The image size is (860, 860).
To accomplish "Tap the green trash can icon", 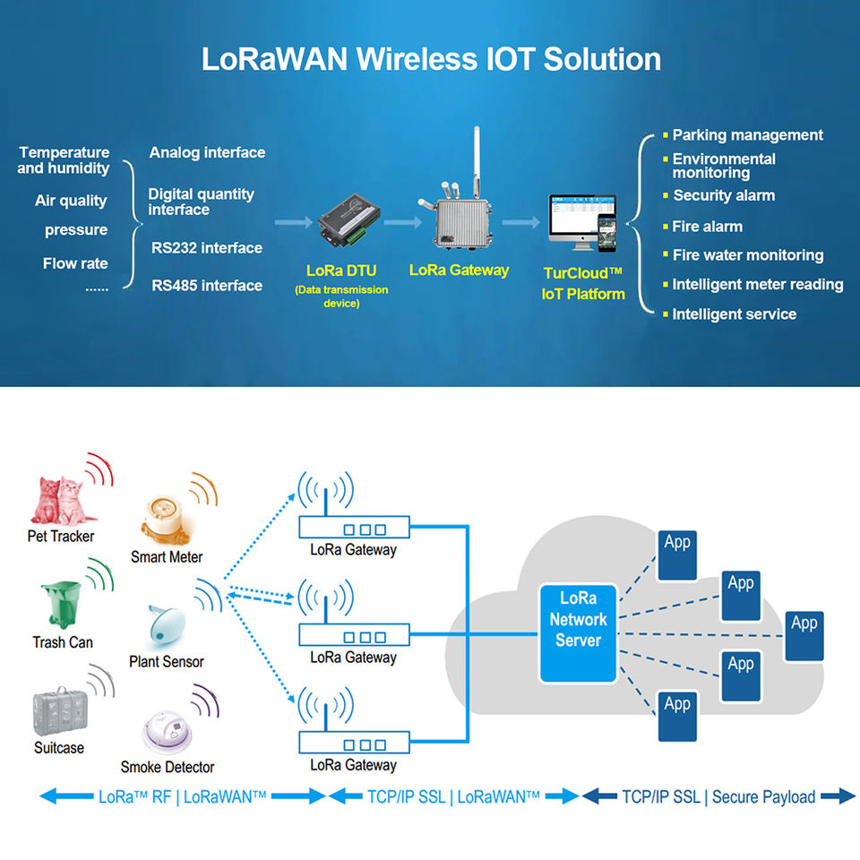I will [62, 606].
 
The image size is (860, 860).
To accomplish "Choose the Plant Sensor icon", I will [166, 624].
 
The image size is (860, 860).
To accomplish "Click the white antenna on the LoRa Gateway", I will [477, 161].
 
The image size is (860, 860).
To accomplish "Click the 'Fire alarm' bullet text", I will [707, 227].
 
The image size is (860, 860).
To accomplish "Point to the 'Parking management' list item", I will [747, 135].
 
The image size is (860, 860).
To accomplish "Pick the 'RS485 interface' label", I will [207, 286].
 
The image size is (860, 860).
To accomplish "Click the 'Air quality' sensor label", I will [71, 201].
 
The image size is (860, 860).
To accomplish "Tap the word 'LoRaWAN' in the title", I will [275, 59].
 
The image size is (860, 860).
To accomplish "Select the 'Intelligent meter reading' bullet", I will [757, 285].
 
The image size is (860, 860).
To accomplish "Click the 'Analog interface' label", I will [207, 153].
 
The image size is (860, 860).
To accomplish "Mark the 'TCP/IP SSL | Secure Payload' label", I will [718, 796].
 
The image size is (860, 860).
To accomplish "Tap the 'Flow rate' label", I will [75, 263].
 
